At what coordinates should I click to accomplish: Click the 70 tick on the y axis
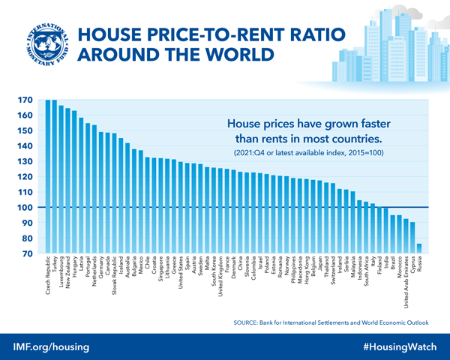tap(25, 254)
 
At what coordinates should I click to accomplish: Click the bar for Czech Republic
tap(49, 177)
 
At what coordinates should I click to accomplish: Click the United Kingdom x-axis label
tap(219, 280)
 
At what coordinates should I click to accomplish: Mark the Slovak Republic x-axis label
tap(114, 277)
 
